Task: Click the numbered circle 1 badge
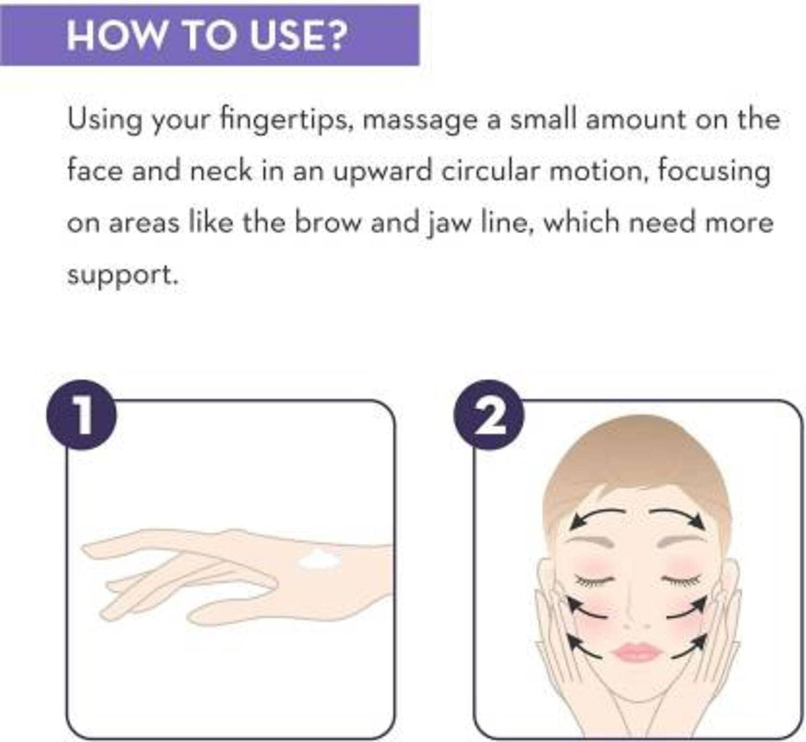pyautogui.click(x=82, y=416)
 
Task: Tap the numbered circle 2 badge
pyautogui.click(x=489, y=416)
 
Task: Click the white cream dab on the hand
pyautogui.click(x=319, y=560)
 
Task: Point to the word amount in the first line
pyautogui.click(x=635, y=120)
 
